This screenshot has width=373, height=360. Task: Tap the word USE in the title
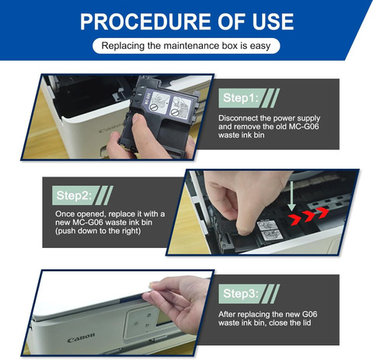tap(273, 22)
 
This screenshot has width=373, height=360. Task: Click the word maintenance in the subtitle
tap(191, 46)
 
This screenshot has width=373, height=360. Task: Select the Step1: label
tap(241, 98)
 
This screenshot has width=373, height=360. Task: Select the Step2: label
tap(74, 195)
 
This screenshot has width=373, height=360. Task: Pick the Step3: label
tap(241, 294)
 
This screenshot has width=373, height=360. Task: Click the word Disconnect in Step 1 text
tap(238, 118)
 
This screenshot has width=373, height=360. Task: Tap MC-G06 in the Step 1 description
tap(304, 127)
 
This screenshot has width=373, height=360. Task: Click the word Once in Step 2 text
tap(65, 214)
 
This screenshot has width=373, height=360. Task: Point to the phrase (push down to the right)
tap(98, 231)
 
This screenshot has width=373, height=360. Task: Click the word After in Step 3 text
tap(227, 314)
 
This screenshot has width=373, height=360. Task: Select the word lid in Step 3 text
tap(306, 323)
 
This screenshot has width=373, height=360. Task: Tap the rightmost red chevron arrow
tap(323, 213)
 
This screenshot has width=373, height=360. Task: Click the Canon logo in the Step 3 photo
tap(81, 337)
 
